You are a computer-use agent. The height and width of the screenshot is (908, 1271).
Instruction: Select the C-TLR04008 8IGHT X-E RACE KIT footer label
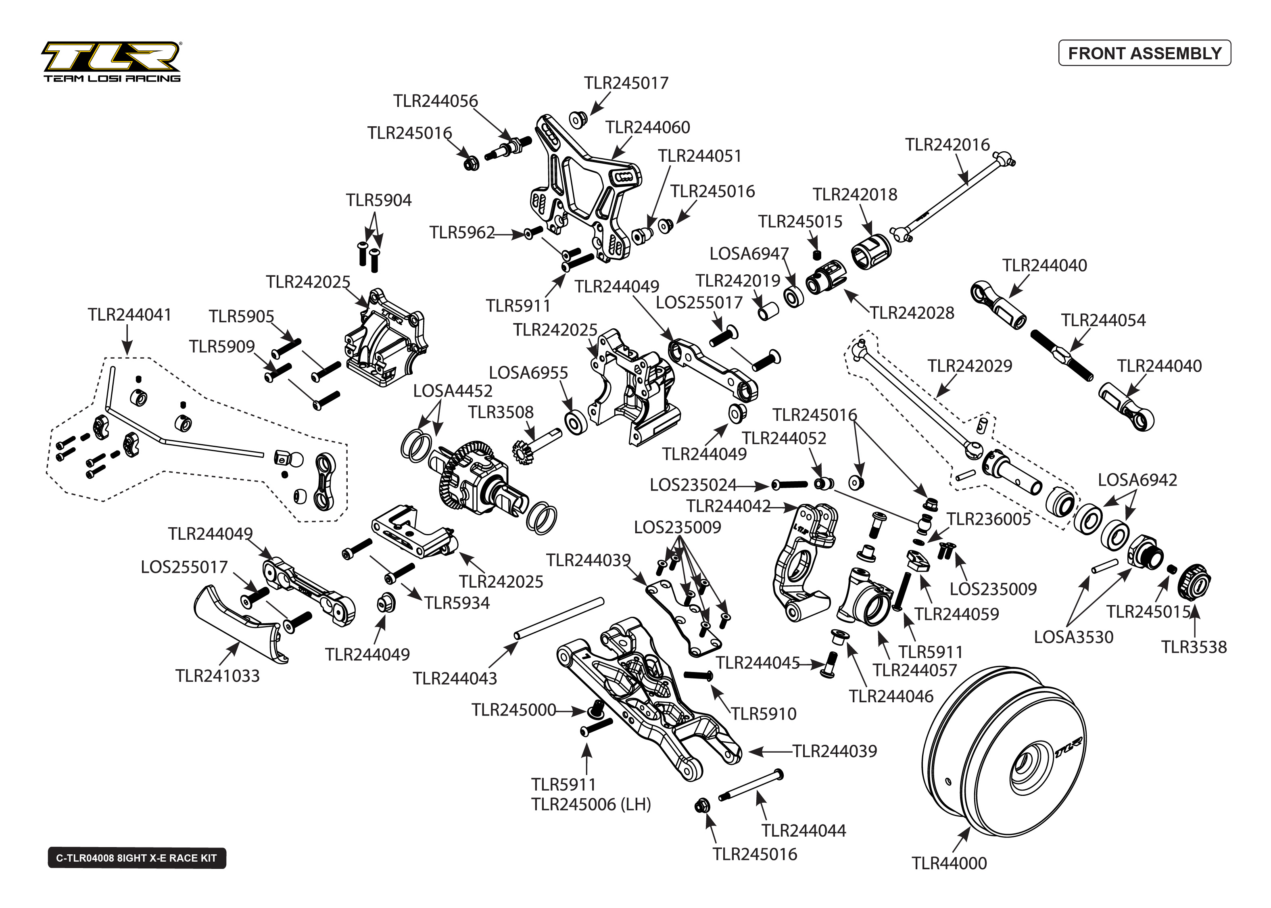coord(136,858)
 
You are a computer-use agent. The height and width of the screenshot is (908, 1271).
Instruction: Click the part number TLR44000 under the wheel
coord(949,863)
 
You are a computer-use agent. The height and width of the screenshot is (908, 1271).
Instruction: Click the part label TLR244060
coord(647,127)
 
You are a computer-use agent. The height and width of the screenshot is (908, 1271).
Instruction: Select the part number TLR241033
coord(217,675)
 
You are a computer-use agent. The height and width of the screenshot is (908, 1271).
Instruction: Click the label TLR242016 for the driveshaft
coord(948,145)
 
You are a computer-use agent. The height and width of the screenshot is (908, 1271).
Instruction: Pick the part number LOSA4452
coord(453,391)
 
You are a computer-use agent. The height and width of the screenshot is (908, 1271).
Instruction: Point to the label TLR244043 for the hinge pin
coord(455,678)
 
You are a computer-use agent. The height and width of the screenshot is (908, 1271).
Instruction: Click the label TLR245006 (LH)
coord(591,804)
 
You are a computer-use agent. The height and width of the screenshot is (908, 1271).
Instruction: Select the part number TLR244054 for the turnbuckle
coord(1103,320)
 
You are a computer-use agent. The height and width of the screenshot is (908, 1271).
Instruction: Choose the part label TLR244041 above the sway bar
coord(129,315)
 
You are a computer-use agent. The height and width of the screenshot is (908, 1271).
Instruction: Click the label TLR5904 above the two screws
coord(378,200)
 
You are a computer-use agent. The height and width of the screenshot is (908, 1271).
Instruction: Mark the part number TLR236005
coord(988,519)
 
